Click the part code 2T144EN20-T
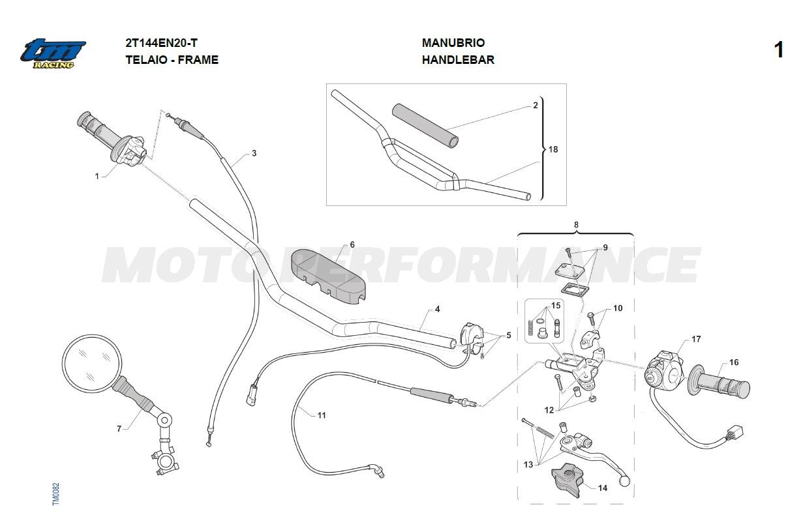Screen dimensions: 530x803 click(x=161, y=43)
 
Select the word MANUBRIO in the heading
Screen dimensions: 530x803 click(x=453, y=43)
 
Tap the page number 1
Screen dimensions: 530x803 click(x=778, y=50)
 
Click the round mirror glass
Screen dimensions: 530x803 click(x=92, y=365)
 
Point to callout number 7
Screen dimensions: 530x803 click(x=119, y=429)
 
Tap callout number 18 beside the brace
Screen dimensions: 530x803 click(x=553, y=149)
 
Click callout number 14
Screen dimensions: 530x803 click(x=603, y=488)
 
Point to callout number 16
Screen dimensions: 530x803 click(x=734, y=362)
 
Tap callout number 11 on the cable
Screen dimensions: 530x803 click(x=321, y=415)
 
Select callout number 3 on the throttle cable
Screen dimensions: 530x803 click(x=254, y=153)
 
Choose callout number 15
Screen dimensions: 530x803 click(x=556, y=305)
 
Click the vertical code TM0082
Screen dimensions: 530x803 click(x=56, y=493)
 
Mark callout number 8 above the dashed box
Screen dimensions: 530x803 click(x=575, y=224)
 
